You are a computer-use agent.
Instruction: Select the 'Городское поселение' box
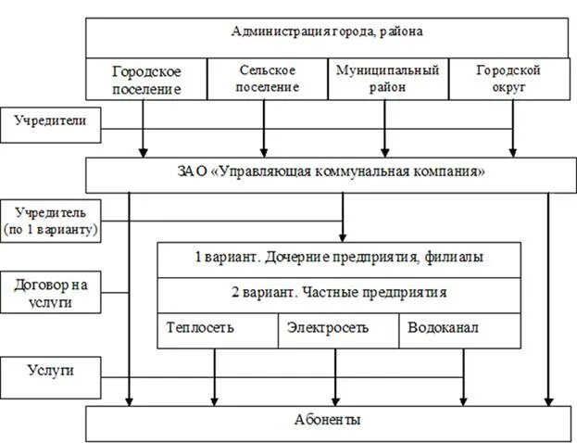click(x=145, y=80)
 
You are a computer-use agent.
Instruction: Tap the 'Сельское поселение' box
click(x=267, y=79)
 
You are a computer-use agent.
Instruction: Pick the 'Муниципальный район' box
click(x=388, y=79)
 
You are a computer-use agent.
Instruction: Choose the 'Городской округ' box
click(x=508, y=79)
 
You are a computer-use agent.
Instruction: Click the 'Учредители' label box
click(x=51, y=123)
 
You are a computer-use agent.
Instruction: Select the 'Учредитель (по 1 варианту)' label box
click(x=51, y=221)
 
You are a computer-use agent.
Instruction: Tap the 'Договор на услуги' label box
click(x=51, y=294)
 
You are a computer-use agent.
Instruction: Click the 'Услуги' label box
click(x=51, y=373)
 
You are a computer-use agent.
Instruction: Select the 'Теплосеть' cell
click(x=218, y=329)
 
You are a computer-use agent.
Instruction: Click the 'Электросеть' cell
click(x=338, y=329)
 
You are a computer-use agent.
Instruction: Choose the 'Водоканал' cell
click(x=461, y=329)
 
